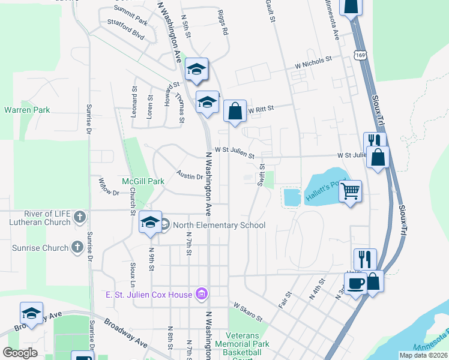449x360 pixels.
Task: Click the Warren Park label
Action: [27, 110]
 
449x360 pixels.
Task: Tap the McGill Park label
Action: [143, 181]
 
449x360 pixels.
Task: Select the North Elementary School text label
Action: [218, 226]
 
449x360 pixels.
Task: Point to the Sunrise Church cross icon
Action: [77, 247]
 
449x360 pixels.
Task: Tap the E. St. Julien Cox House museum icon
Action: [201, 294]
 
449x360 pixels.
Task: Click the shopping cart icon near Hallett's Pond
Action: [351, 191]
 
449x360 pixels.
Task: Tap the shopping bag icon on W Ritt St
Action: [235, 111]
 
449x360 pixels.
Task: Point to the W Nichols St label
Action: [313, 61]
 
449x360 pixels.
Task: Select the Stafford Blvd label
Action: [126, 31]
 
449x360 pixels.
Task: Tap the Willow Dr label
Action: [109, 188]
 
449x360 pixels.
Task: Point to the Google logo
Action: [20, 352]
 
